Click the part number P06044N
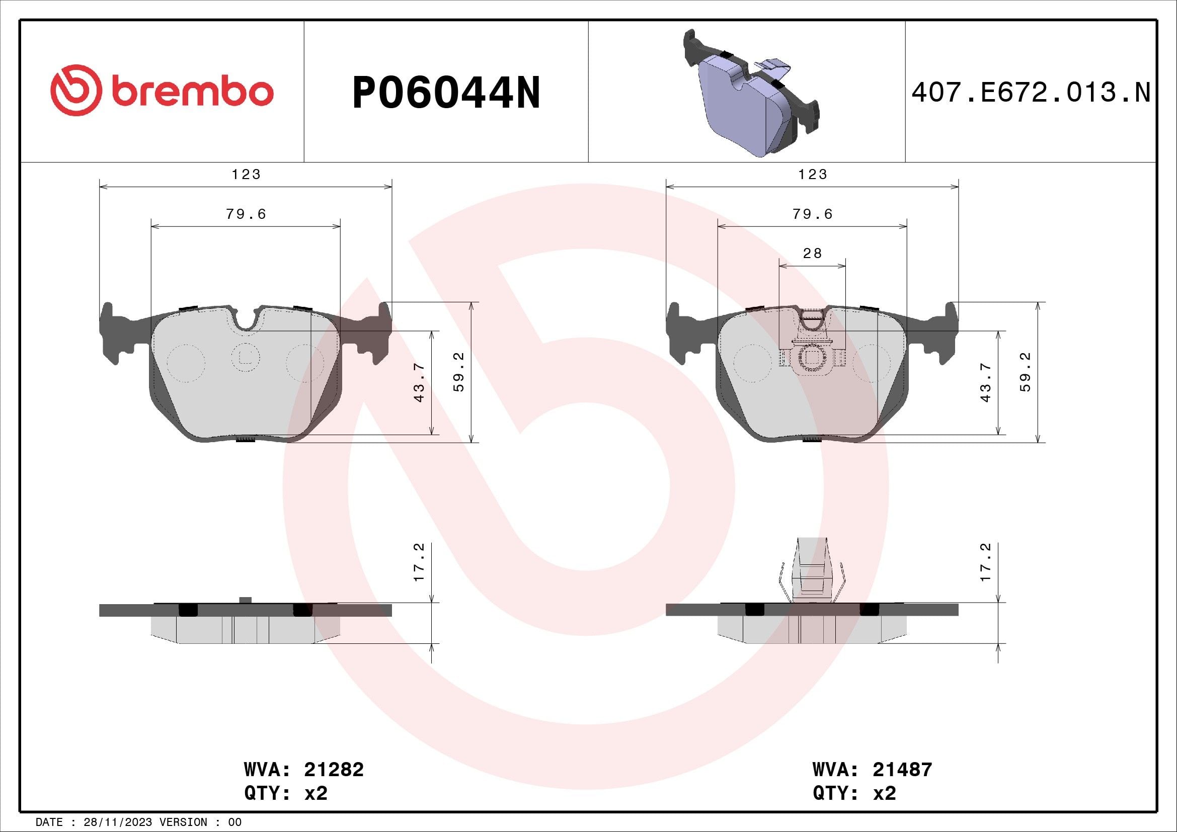pos(446,93)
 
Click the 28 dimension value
pos(812,254)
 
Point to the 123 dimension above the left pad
pos(246,175)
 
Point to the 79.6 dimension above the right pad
pos(813,214)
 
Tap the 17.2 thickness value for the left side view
pos(419,562)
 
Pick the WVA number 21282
pos(334,770)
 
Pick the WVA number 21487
pos(902,770)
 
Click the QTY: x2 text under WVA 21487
pos(854,793)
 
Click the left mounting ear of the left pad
pos(112,333)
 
